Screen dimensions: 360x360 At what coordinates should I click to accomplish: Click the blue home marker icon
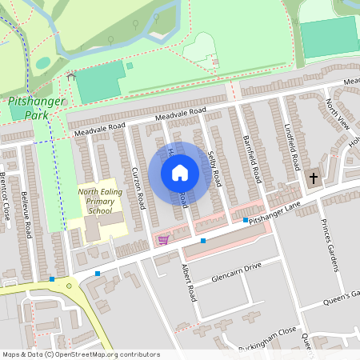[180, 171]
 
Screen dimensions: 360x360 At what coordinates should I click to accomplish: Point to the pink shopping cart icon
[163, 239]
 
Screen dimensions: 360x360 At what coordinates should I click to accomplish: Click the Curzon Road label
[138, 190]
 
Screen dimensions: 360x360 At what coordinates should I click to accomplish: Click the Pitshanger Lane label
[273, 213]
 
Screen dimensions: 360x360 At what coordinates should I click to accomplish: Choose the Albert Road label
[189, 282]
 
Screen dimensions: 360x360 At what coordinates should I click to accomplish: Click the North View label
[338, 114]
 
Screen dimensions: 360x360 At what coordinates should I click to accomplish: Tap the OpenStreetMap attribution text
[80, 354]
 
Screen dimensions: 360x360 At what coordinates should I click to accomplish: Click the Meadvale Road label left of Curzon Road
[99, 127]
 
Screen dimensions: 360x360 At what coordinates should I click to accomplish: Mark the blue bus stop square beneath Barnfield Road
[245, 220]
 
